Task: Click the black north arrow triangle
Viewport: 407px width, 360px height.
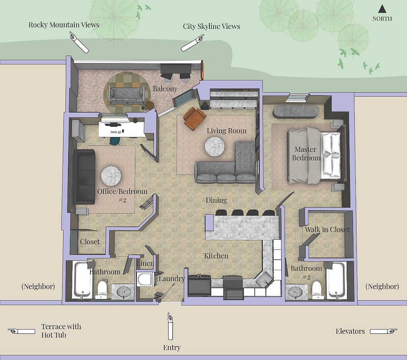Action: point(382,9)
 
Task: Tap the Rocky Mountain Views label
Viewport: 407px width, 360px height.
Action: point(64,25)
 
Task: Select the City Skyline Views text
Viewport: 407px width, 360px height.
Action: point(211,26)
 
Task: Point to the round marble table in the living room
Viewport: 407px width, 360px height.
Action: point(214,147)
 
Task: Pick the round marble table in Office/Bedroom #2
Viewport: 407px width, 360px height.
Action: point(111,176)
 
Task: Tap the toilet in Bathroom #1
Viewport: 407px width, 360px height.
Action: point(102,289)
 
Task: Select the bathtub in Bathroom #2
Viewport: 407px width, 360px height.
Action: point(336,280)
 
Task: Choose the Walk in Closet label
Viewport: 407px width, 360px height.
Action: point(327,229)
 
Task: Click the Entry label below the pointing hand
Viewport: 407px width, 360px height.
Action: point(172,348)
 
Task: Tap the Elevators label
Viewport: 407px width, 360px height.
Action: point(350,331)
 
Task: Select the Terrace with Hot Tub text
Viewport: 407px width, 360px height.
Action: point(61,331)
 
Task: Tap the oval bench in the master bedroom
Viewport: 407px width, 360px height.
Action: point(296,112)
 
